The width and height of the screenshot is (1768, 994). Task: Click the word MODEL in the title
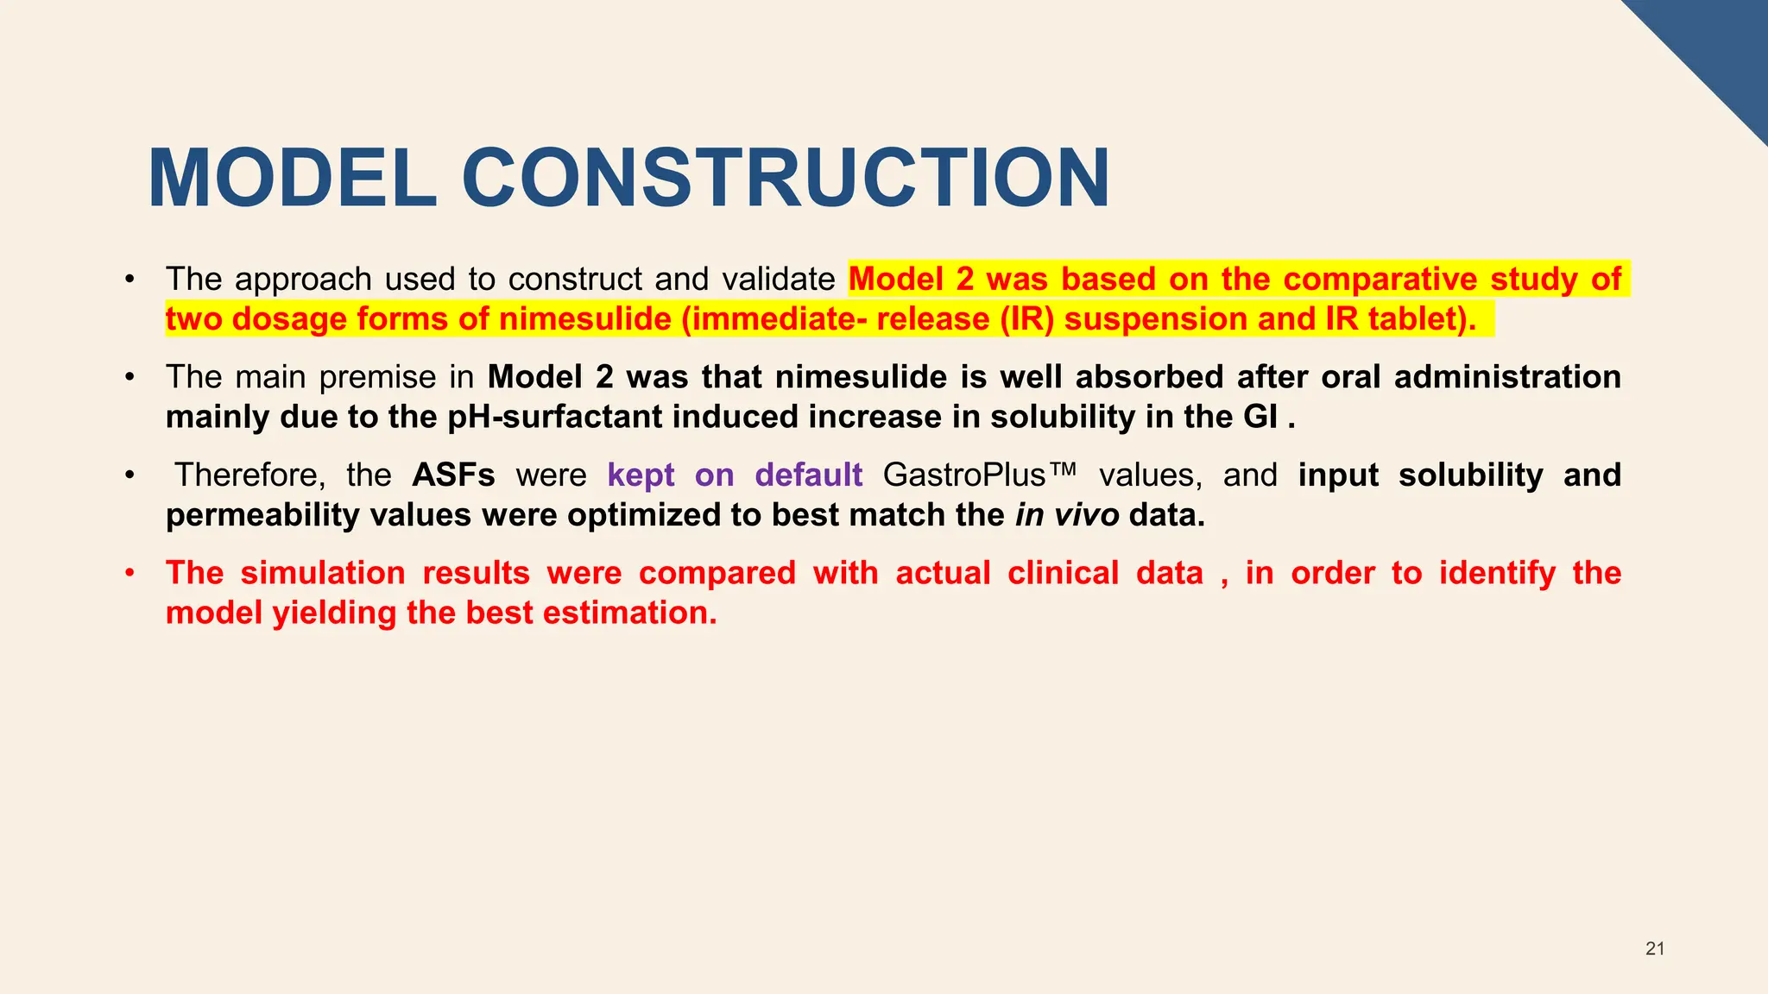point(292,179)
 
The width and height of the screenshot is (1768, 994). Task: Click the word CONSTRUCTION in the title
point(786,179)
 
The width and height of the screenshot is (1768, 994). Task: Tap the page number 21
point(1654,948)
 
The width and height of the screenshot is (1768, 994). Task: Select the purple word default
point(808,475)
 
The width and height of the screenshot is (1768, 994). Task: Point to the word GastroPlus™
point(980,475)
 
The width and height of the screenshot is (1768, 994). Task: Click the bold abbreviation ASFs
point(453,475)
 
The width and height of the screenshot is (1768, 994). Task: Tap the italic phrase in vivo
point(1067,515)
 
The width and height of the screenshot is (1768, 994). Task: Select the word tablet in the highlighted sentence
point(1416,319)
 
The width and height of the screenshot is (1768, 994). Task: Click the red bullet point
point(129,573)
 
